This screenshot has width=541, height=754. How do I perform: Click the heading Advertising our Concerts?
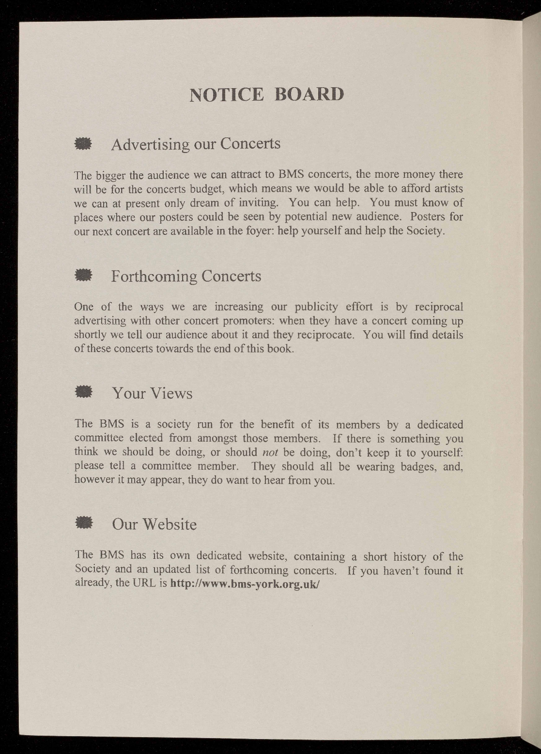[196, 144]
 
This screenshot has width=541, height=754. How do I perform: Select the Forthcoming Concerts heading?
[186, 276]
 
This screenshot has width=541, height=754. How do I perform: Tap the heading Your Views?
[153, 393]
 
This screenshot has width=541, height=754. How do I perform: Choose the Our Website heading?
[155, 524]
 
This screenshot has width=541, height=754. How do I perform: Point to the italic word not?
[269, 453]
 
